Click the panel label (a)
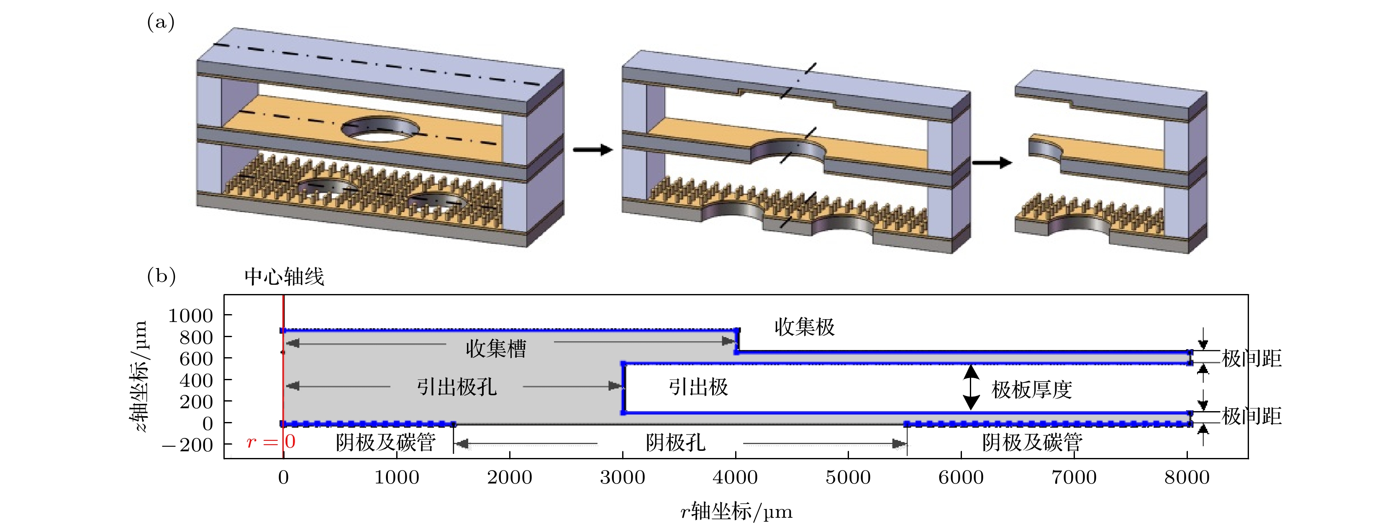tap(160, 23)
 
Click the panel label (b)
tap(161, 276)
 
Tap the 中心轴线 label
tap(284, 277)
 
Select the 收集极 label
tap(804, 327)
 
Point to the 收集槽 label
tap(496, 348)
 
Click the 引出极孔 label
tap(456, 387)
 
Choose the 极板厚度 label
tap(1031, 389)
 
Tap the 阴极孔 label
tap(676, 443)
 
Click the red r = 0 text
tap(271, 442)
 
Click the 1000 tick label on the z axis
tap(190, 316)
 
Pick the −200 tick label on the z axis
tap(187, 445)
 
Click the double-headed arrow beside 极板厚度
tap(971, 387)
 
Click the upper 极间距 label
tap(1251, 358)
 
